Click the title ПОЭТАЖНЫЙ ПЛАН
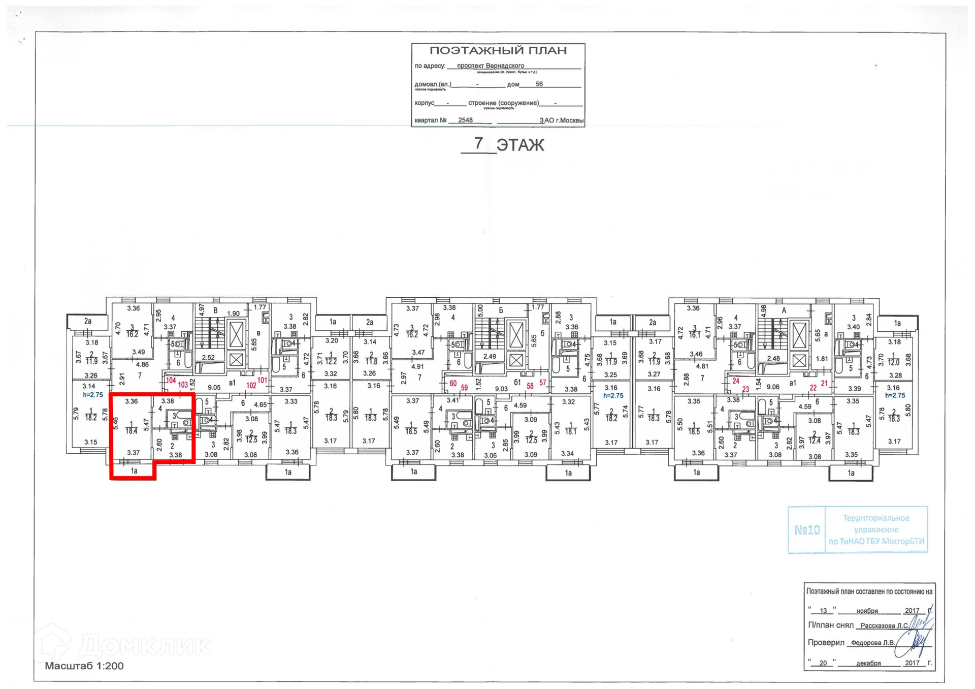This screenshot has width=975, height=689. (x=498, y=51)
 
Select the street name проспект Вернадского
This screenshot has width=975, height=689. (x=490, y=66)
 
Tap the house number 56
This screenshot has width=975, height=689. (x=539, y=84)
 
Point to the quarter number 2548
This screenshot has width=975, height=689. (x=465, y=120)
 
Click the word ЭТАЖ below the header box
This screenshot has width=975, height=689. (x=520, y=145)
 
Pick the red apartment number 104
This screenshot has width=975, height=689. (x=171, y=381)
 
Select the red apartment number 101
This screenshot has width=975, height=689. (x=262, y=380)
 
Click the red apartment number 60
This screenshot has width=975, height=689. (x=453, y=384)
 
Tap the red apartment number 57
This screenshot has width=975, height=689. (x=543, y=383)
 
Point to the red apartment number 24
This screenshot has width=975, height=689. (x=736, y=381)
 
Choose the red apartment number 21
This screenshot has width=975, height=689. (x=824, y=384)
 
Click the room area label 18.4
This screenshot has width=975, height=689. (x=132, y=431)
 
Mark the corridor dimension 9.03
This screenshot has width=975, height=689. (x=501, y=389)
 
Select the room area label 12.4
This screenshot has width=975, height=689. (x=814, y=441)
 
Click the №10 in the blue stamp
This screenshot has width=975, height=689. (x=806, y=530)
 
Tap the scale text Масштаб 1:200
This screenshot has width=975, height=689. (x=84, y=666)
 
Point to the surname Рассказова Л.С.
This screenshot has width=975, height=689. (x=884, y=625)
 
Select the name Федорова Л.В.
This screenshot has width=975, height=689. (x=872, y=643)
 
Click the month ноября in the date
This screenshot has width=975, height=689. (x=867, y=611)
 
